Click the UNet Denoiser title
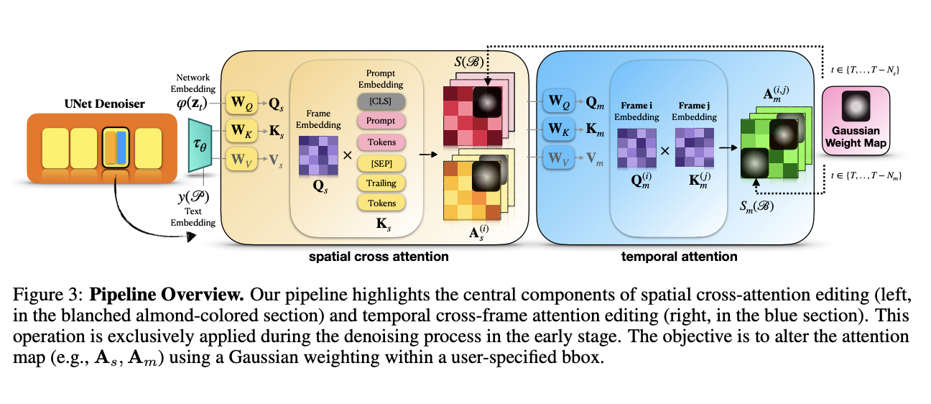pos(103,104)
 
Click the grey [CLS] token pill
pos(381,101)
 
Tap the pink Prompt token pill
pos(381,121)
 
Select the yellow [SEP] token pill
pos(381,162)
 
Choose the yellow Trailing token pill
pos(381,183)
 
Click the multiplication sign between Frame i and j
pos(663,151)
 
